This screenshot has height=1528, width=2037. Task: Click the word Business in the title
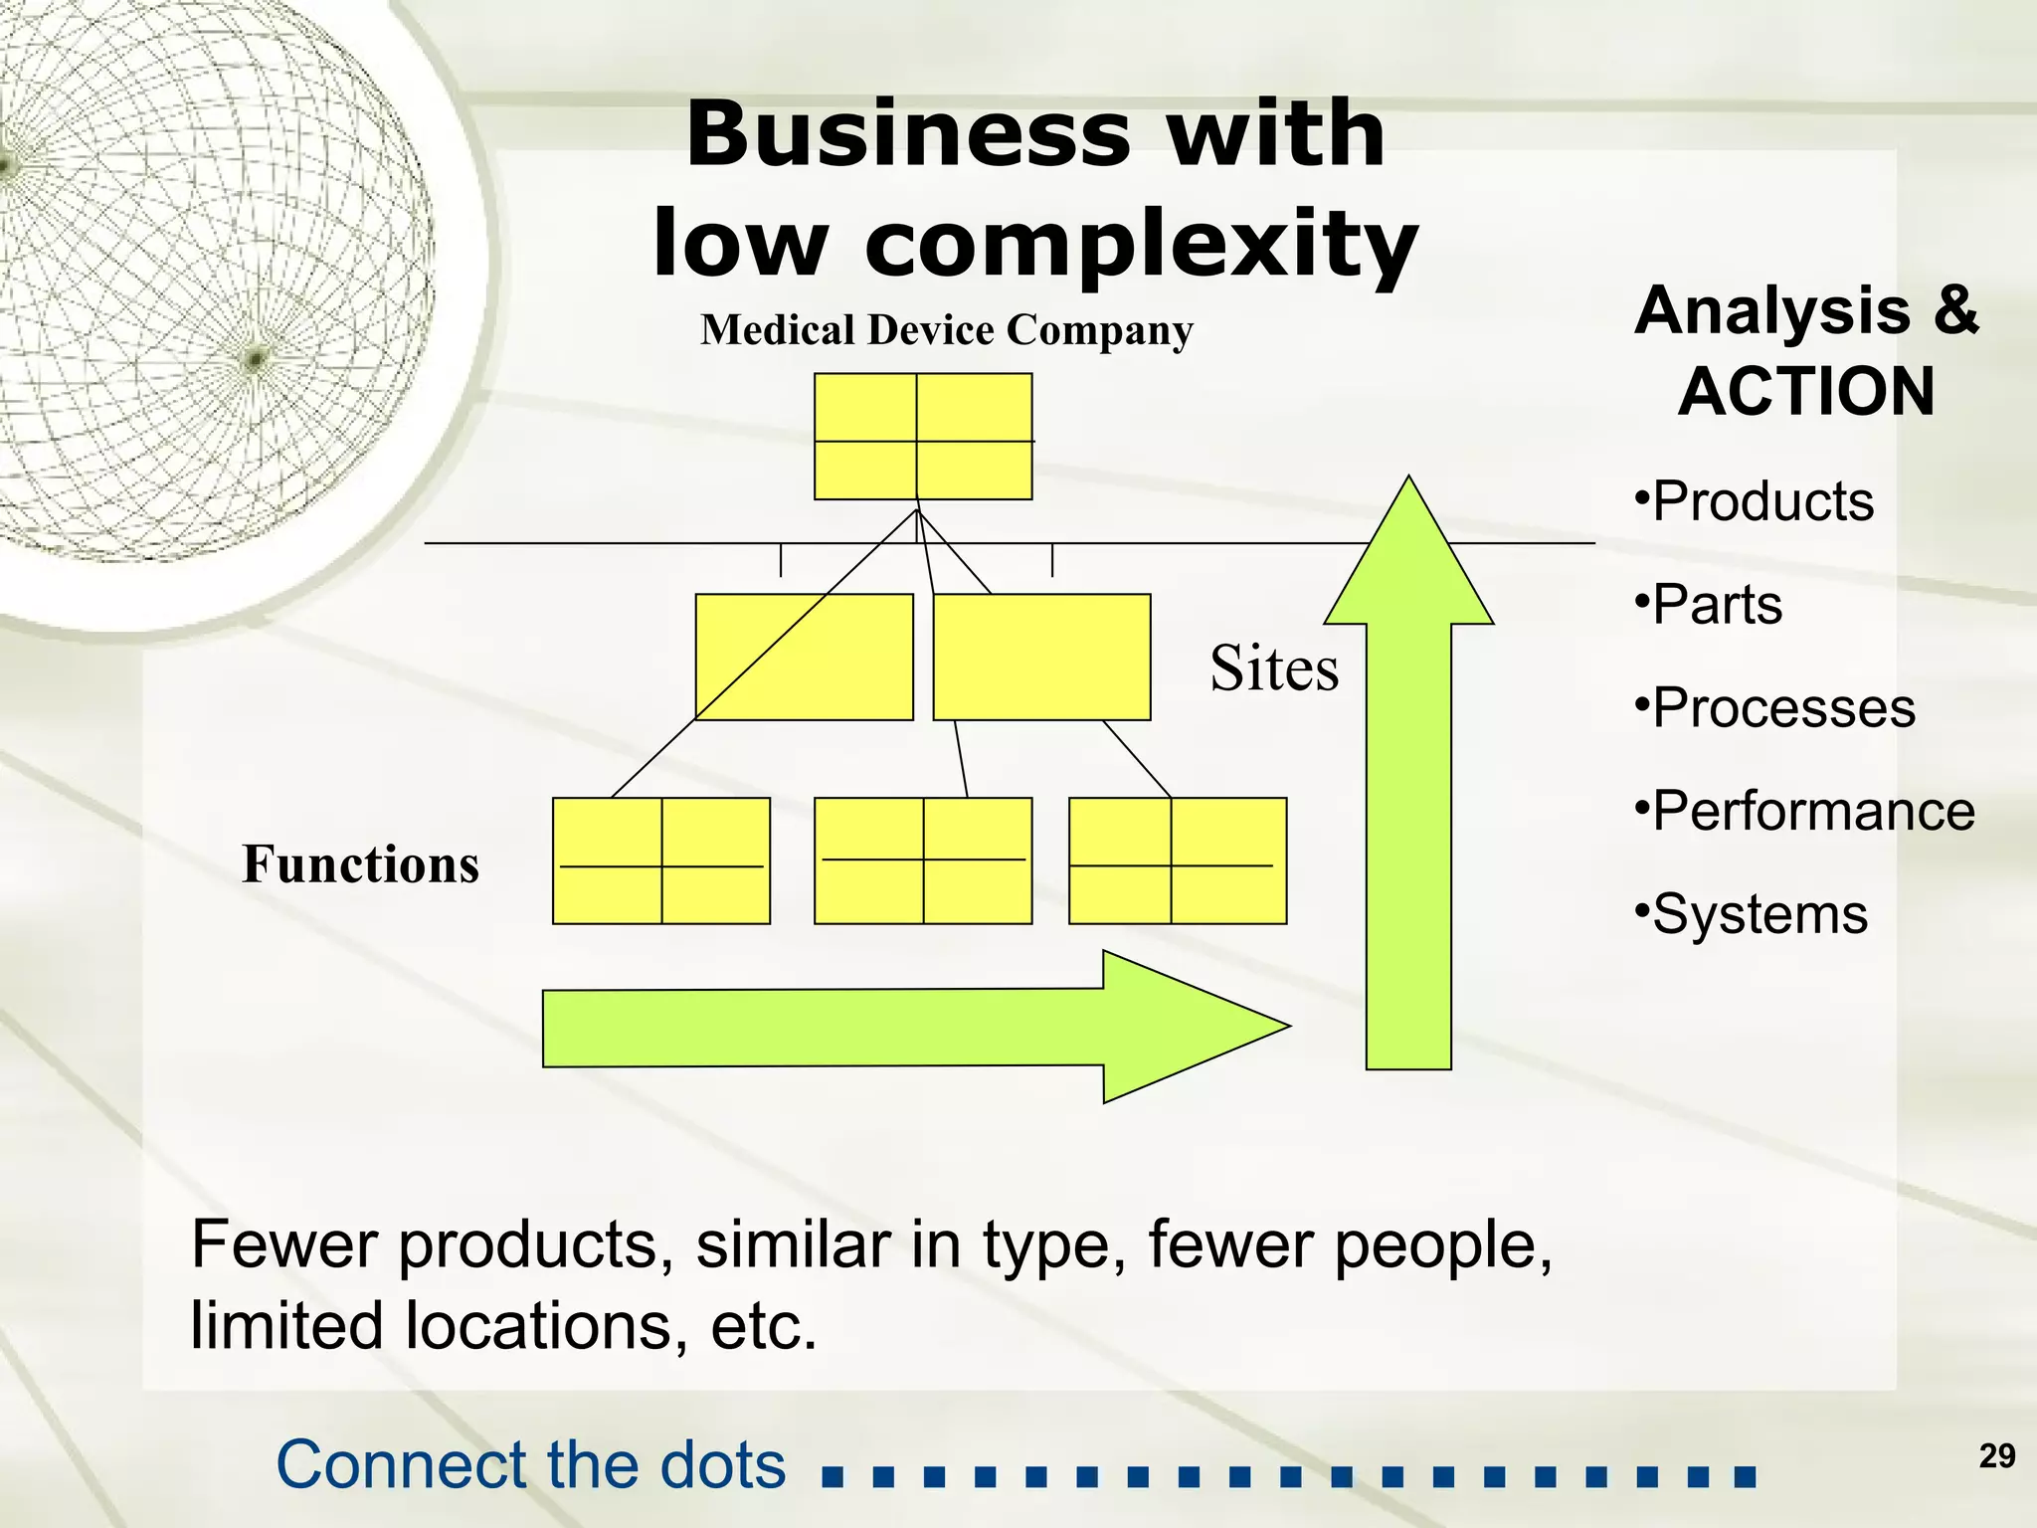tap(907, 135)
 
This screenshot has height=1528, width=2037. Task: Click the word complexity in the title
tap(1141, 245)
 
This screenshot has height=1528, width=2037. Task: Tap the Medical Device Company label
tap(946, 330)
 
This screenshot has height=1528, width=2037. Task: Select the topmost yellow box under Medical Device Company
tap(922, 437)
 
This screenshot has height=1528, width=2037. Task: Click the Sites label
tap(1273, 668)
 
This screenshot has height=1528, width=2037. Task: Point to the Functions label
tap(360, 863)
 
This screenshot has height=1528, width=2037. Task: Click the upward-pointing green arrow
tap(1408, 796)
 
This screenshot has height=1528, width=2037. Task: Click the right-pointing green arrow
tap(895, 1028)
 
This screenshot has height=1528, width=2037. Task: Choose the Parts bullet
tap(1710, 604)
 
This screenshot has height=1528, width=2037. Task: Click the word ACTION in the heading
tap(1806, 391)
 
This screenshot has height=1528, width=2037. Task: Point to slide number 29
tap(1996, 1456)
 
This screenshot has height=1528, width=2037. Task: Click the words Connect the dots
tap(531, 1465)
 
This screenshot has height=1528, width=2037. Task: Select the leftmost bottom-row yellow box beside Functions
tap(660, 860)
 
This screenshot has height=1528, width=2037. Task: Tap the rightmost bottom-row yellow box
tap(1177, 860)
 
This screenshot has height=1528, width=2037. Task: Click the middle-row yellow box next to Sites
tap(1041, 657)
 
